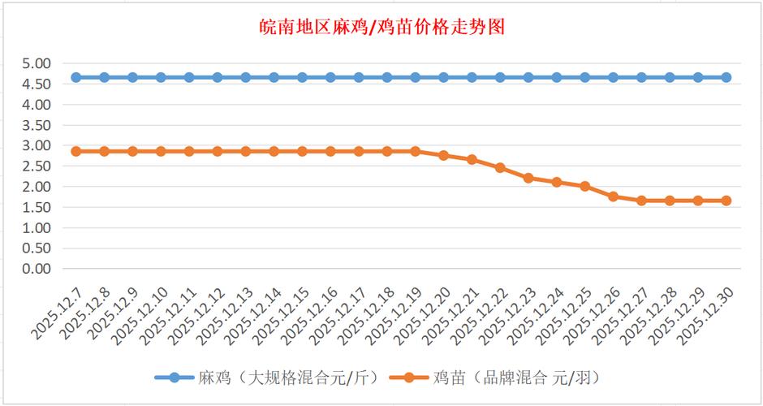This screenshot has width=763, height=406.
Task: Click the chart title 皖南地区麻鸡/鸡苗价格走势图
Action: pos(381,28)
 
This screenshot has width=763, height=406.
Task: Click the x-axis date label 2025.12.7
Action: pos(57,312)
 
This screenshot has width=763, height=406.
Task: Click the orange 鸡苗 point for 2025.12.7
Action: pos(76,151)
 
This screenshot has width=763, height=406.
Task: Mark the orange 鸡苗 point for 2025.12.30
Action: pos(726,201)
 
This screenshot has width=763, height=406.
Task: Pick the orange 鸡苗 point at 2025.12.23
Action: pos(528,178)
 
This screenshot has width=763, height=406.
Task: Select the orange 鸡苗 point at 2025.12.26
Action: pos(613,197)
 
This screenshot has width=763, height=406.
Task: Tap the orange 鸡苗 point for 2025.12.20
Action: pos(444,155)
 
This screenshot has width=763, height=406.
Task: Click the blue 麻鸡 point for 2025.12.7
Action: pos(76,77)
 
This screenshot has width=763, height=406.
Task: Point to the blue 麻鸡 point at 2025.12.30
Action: pos(726,77)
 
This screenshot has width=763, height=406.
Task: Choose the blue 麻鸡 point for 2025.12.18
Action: pos(387,77)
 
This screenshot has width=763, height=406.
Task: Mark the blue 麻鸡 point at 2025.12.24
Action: pos(557,77)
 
